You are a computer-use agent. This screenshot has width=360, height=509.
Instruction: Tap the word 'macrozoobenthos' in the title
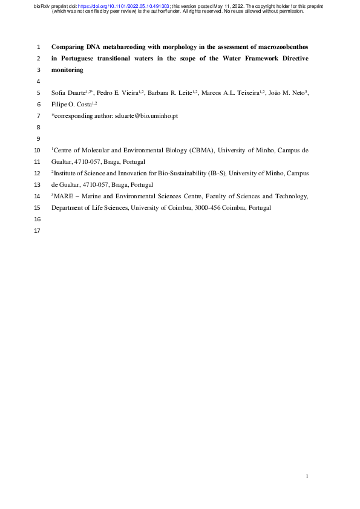coord(283,46)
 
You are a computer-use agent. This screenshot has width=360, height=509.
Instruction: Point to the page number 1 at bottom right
coord(307,477)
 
